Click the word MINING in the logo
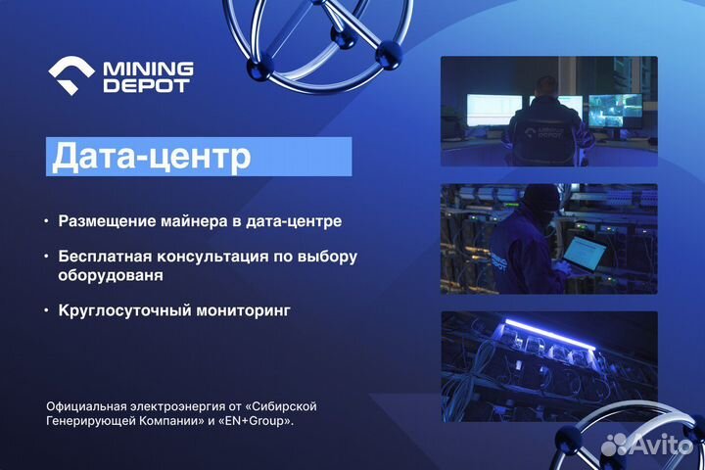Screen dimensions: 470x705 [148, 69]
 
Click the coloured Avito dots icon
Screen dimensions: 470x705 [614, 446]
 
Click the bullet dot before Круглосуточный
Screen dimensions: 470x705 [45, 310]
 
